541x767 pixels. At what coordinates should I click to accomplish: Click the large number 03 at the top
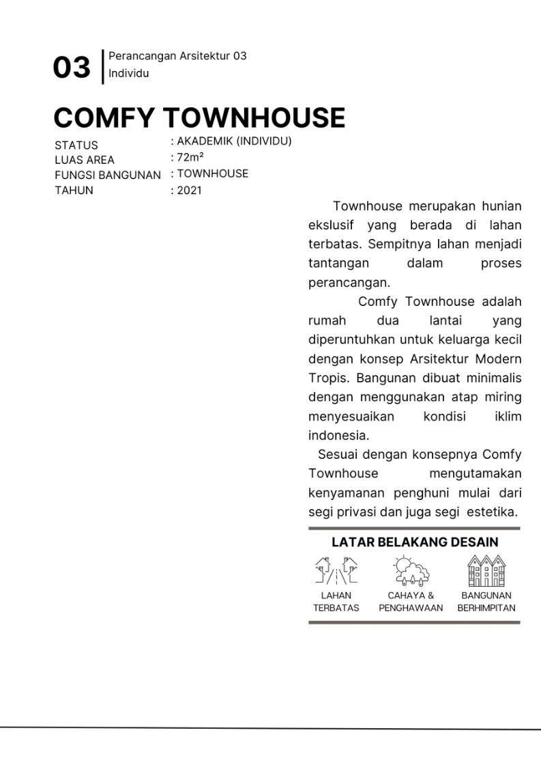(72, 68)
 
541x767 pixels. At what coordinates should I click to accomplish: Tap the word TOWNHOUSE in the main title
(254, 118)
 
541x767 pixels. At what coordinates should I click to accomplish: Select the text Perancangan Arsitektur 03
(177, 56)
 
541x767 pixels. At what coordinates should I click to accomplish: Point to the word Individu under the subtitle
(128, 73)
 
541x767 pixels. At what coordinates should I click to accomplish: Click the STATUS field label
(76, 145)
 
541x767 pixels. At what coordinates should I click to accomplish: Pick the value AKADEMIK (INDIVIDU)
(234, 141)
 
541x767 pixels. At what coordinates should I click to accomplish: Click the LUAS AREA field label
(85, 160)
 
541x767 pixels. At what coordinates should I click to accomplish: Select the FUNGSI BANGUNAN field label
(108, 175)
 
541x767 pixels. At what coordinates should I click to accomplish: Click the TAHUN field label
(74, 191)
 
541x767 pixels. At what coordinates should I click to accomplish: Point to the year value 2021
(190, 191)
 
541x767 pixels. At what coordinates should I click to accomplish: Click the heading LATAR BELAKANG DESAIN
(415, 542)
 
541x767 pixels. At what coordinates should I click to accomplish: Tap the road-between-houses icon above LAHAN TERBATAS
(336, 571)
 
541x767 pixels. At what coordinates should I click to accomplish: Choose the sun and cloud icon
(411, 571)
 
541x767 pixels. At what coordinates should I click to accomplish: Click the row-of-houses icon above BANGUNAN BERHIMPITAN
(486, 571)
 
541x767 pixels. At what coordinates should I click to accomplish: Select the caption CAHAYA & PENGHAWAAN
(411, 602)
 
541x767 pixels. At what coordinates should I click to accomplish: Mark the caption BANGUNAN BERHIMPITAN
(486, 602)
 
